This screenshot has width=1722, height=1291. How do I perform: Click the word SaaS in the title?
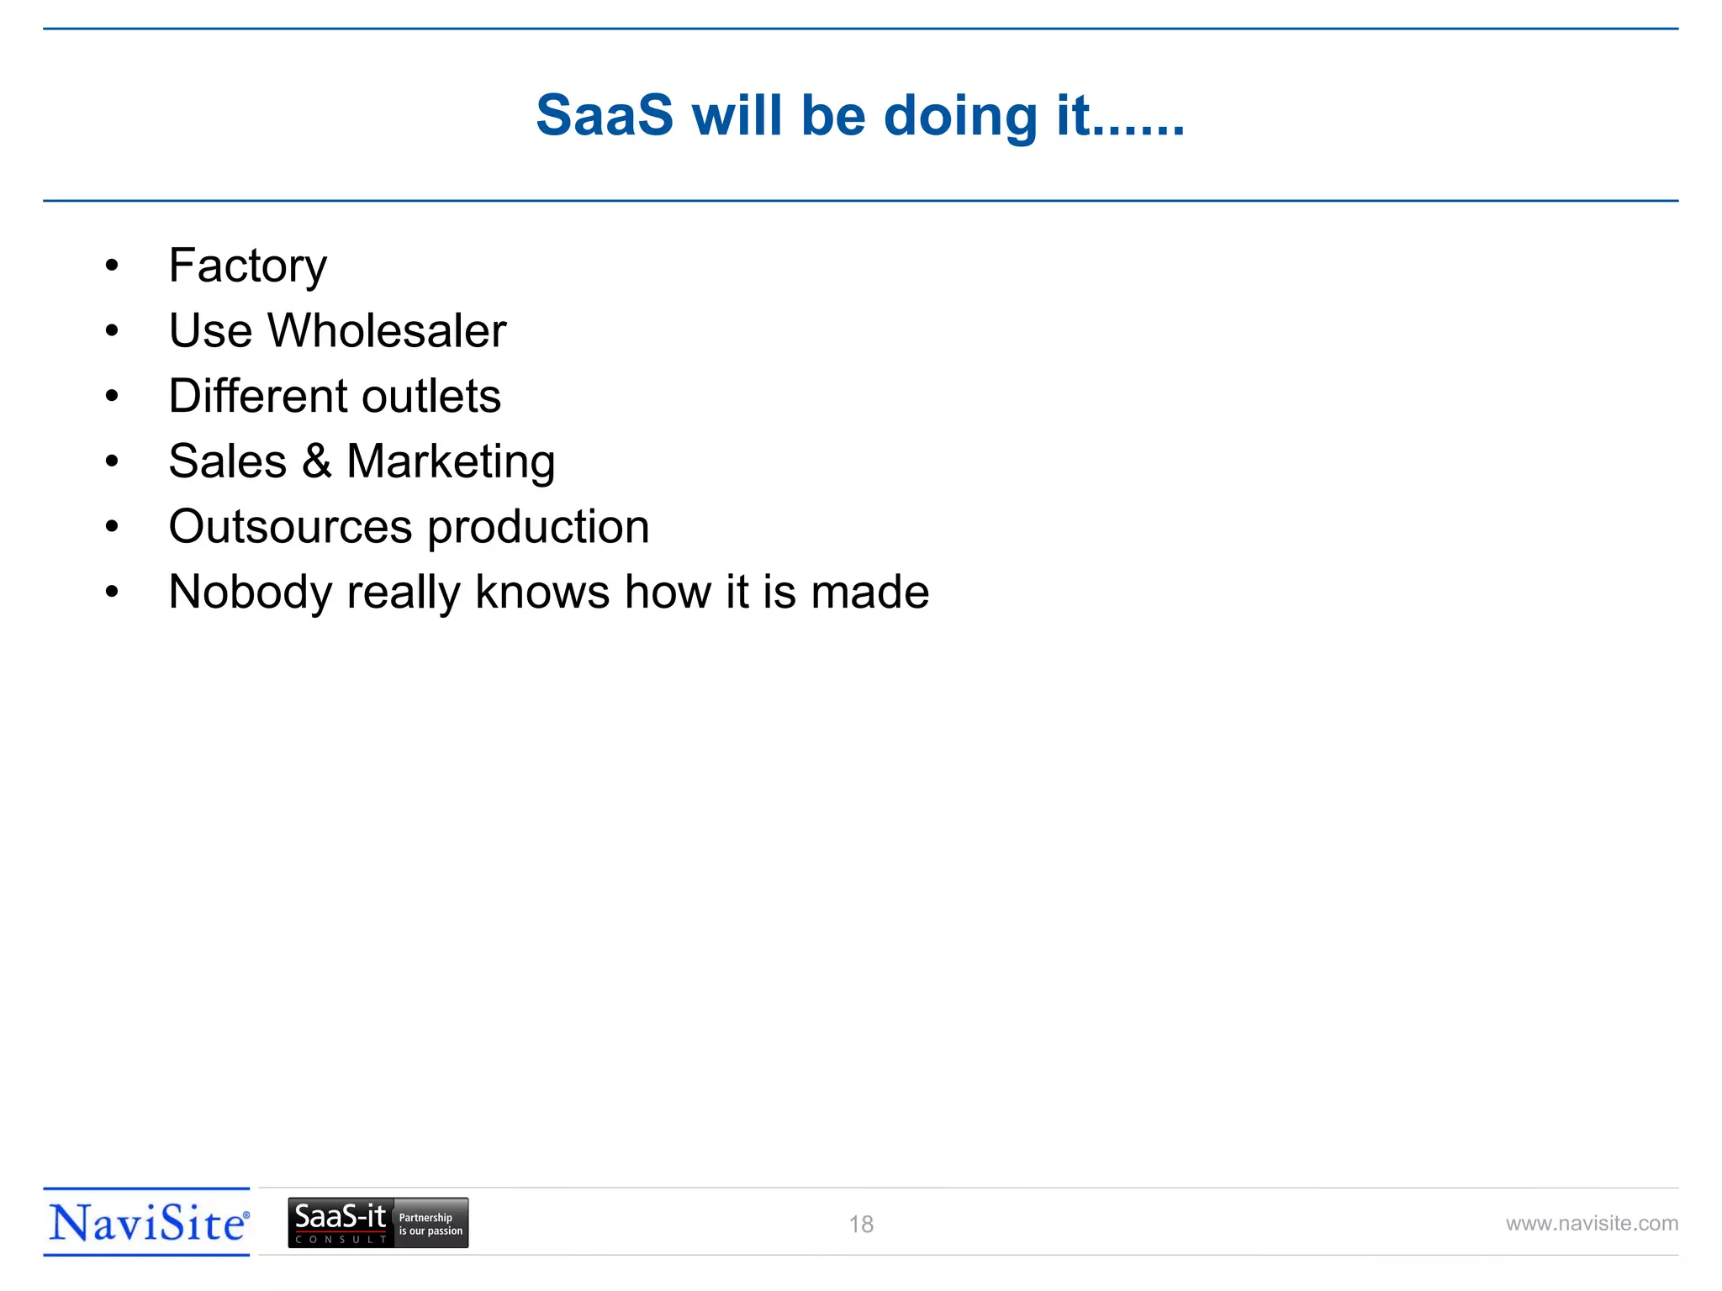click(605, 115)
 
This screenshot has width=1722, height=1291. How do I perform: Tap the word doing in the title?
click(960, 117)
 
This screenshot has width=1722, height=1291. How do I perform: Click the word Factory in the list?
click(247, 266)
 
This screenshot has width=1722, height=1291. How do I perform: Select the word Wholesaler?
click(387, 330)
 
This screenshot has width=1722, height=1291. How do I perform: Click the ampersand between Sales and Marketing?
click(316, 461)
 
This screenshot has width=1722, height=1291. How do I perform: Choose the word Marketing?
click(451, 462)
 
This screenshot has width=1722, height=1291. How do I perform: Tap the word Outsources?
click(291, 527)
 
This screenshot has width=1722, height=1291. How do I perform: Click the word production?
click(538, 528)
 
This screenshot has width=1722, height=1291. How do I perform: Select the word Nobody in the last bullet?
click(250, 593)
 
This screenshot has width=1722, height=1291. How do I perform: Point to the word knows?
click(542, 592)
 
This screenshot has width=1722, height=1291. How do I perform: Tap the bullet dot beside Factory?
click(112, 266)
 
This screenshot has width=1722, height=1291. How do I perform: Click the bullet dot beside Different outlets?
click(112, 397)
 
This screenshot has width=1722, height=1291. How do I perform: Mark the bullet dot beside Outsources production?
click(112, 527)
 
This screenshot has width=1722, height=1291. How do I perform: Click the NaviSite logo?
click(147, 1222)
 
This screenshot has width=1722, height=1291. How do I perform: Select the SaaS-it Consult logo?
click(340, 1223)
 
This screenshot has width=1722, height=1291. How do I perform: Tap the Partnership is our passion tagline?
click(430, 1224)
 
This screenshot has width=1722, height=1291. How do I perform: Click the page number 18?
click(861, 1225)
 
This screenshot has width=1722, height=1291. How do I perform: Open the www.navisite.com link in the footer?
click(1592, 1224)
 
